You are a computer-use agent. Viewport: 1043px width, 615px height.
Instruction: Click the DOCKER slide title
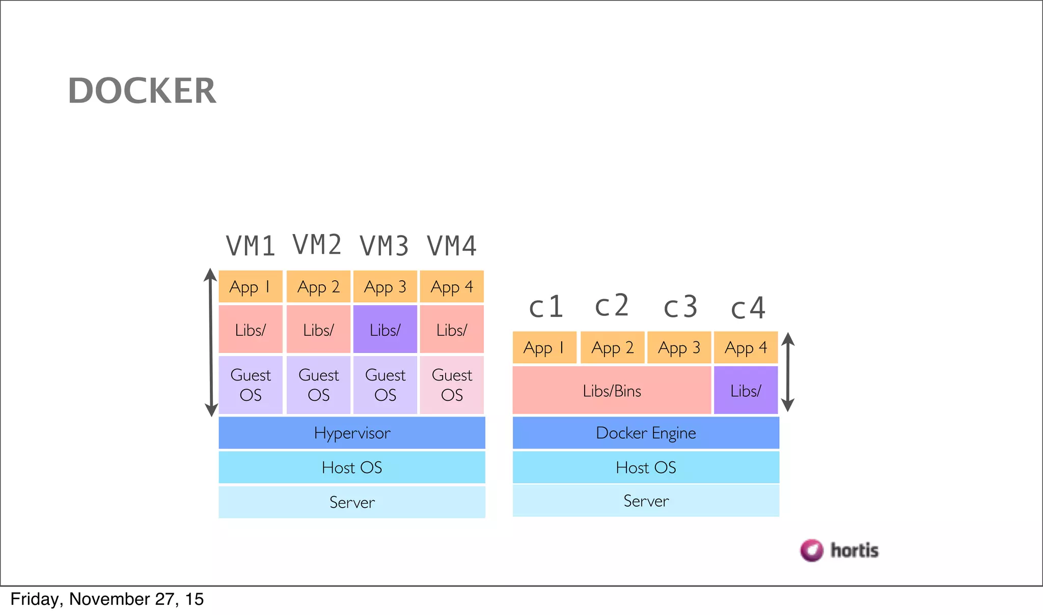(x=142, y=91)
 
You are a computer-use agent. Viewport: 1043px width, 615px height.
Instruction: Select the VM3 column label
(x=385, y=246)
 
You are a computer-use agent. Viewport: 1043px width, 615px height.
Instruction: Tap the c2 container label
(x=612, y=306)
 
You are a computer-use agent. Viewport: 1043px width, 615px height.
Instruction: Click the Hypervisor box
(x=352, y=433)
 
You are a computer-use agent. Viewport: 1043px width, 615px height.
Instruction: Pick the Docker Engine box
(x=646, y=433)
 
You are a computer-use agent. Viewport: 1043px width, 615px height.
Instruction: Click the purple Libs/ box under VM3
(x=385, y=330)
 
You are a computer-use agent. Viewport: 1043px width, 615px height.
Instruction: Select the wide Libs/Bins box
(x=612, y=390)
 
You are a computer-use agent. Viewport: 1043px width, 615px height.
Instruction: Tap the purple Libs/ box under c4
(x=746, y=390)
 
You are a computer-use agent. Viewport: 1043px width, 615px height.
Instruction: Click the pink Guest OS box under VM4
(x=452, y=385)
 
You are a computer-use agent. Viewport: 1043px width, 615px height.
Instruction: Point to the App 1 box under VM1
(x=250, y=287)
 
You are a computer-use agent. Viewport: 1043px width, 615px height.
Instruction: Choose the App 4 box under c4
(x=746, y=347)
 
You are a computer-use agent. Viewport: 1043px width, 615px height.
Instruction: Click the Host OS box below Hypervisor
(x=352, y=467)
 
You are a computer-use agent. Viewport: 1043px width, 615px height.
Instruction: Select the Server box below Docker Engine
(x=646, y=501)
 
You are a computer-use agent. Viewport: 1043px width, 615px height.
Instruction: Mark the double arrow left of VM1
(x=211, y=342)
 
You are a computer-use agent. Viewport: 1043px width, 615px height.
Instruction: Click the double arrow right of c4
(x=788, y=372)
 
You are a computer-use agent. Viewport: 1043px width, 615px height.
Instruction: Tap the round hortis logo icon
(x=811, y=550)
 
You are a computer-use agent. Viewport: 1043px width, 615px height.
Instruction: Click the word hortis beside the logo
(x=855, y=550)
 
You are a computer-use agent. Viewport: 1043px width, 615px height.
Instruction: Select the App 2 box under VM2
(x=318, y=287)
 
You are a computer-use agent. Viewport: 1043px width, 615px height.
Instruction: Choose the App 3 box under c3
(x=679, y=347)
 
